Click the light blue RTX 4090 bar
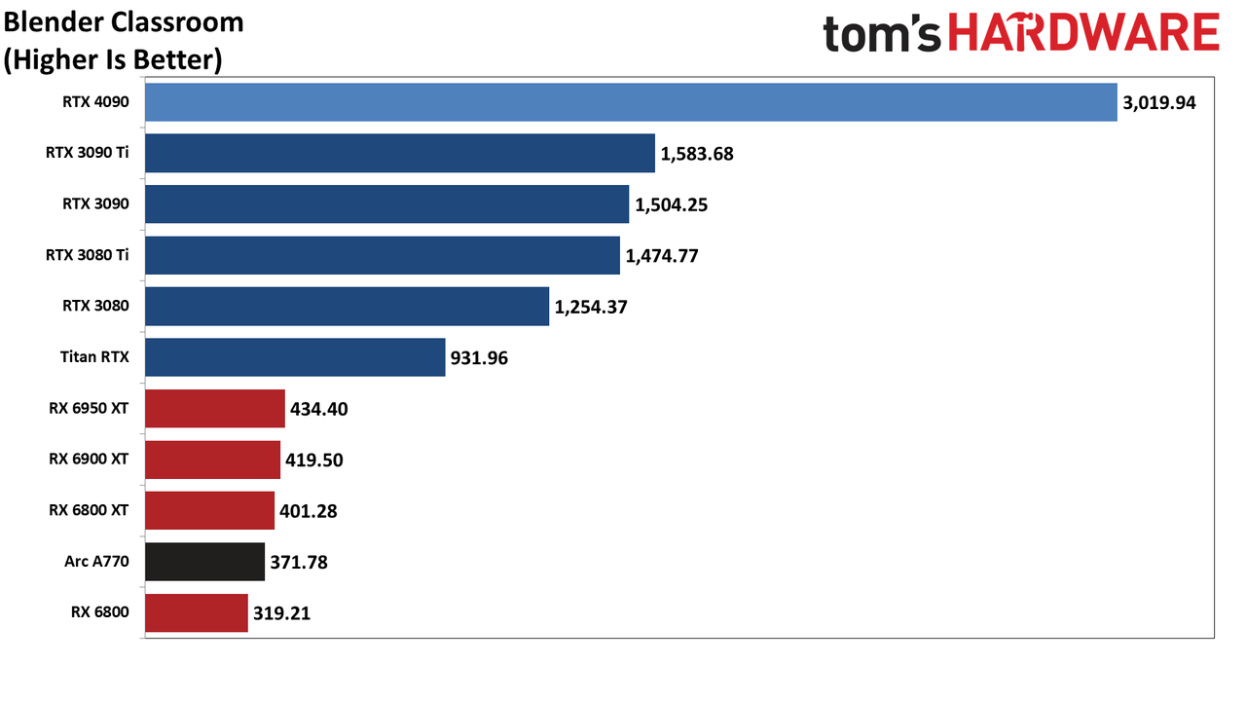coord(631,102)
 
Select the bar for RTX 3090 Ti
coord(400,153)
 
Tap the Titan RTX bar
coord(295,357)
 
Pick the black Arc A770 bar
coord(204,562)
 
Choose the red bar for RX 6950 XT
coord(215,408)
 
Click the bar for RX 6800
coord(197,612)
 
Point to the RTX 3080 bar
coord(348,306)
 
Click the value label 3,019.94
coord(1159,103)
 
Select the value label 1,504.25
coord(672,205)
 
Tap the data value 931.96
coord(479,357)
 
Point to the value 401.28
coord(309,511)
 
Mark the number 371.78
coord(299,562)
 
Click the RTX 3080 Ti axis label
coord(88,255)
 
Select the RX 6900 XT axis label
coord(89,459)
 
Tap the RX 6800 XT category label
coord(89,510)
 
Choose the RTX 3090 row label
coord(95,203)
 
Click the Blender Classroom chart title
coord(124,22)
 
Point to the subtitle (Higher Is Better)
coord(113,59)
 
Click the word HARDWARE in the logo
coord(1083,32)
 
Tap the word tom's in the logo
coord(882,34)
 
